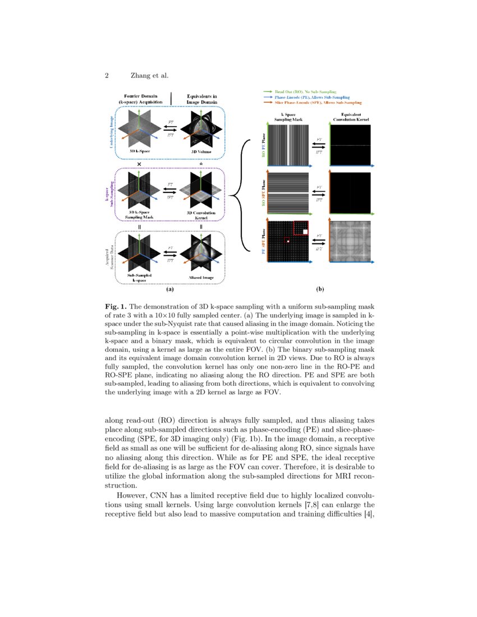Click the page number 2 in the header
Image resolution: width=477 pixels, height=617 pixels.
[107, 75]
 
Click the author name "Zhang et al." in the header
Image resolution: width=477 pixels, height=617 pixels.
[149, 75]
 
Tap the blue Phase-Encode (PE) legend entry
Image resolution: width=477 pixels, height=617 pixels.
[306, 97]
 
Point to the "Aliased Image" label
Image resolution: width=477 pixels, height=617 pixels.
[201, 278]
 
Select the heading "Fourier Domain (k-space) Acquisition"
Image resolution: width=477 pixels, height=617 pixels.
[140, 99]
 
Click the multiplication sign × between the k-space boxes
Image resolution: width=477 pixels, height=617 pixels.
[139, 163]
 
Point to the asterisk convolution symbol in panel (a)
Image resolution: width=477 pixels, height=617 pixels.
[201, 164]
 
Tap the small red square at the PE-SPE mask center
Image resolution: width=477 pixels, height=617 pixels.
[287, 241]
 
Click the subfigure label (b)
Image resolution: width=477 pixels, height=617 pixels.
[320, 289]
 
